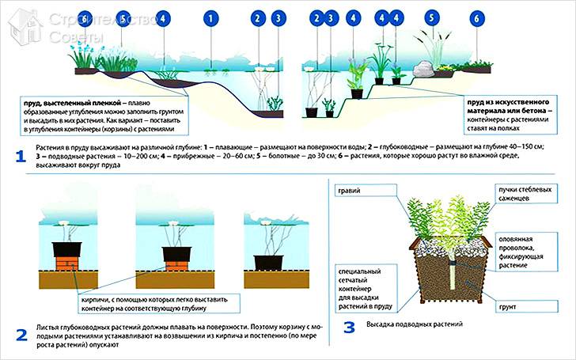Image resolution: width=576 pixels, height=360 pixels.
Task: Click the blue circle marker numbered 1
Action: coord(210,17)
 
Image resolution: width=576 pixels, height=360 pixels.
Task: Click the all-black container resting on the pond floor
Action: coord(269,262)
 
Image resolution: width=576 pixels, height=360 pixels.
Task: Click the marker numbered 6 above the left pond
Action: coord(83,17)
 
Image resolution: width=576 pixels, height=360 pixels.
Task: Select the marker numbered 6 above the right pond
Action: coord(476,17)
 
